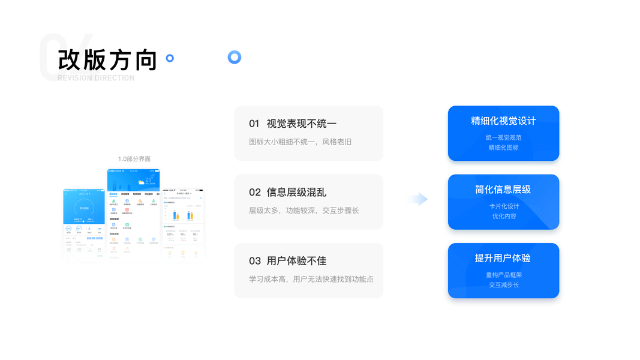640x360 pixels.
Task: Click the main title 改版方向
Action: [107, 60]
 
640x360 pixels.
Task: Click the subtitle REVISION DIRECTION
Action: [96, 78]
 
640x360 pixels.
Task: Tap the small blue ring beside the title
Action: [170, 58]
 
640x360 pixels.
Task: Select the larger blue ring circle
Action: [235, 58]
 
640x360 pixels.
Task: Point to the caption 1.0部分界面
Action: [134, 159]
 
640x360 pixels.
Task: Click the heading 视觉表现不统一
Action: [302, 124]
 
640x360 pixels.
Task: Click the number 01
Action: [254, 124]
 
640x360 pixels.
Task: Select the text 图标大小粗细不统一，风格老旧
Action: [300, 142]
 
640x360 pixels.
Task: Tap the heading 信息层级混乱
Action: [296, 192]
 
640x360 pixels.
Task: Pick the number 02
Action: [254, 192]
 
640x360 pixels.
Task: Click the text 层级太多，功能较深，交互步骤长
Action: [304, 211]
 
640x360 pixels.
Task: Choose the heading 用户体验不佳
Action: [296, 260]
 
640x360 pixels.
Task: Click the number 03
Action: [254, 260]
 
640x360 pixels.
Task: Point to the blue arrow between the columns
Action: [420, 199]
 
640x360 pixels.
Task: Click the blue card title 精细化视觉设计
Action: [503, 121]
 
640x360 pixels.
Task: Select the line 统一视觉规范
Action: [503, 137]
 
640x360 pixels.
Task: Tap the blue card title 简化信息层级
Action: [503, 189]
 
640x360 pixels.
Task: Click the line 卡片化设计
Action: [503, 206]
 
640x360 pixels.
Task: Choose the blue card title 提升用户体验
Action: [503, 258]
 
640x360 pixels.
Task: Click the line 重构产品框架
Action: [503, 275]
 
